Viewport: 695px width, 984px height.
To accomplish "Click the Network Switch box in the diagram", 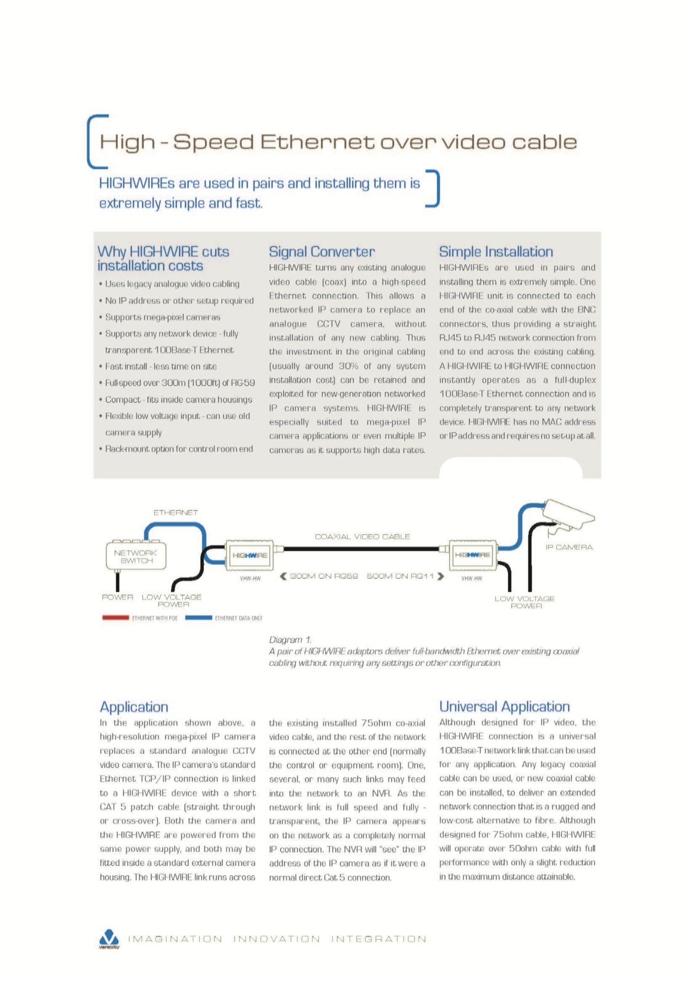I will (x=135, y=555).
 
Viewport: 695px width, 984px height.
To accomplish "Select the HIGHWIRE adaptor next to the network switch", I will (x=249, y=555).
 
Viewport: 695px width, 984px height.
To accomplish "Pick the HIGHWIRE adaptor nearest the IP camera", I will (x=472, y=555).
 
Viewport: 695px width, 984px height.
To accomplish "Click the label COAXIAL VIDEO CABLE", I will (x=362, y=536).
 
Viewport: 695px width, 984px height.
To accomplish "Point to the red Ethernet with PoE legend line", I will (x=115, y=617).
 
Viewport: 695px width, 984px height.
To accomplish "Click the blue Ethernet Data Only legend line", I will (x=198, y=617).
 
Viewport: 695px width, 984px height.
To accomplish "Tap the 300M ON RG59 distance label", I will (x=324, y=576).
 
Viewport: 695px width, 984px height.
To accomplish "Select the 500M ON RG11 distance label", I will (x=400, y=576).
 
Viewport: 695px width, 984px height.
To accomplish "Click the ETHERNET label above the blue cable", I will (x=176, y=512).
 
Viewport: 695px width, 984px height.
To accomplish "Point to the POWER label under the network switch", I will (x=117, y=597).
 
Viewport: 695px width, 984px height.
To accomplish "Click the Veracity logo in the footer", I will (x=109, y=938).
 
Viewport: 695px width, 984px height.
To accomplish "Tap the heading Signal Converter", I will (x=321, y=252).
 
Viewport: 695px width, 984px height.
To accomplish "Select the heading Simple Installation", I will (x=495, y=252).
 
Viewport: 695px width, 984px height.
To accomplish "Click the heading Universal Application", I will (x=504, y=707).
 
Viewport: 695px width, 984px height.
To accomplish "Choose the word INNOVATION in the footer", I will (x=277, y=939).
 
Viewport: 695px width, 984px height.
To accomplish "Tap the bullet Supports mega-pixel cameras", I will (x=162, y=317).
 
